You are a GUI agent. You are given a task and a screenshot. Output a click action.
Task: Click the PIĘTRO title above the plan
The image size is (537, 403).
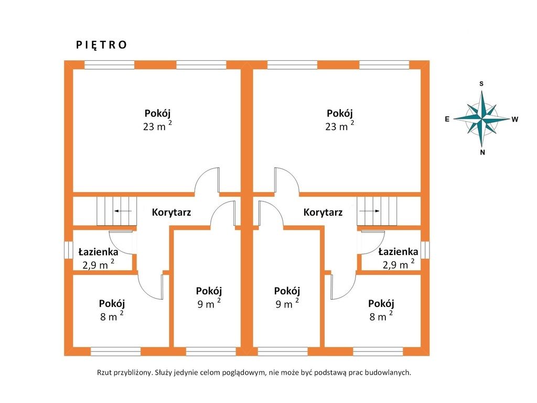click(x=101, y=45)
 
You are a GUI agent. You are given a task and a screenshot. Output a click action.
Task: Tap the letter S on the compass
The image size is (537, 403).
click(x=481, y=83)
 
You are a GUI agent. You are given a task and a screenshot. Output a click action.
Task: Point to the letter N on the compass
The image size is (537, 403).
click(x=482, y=153)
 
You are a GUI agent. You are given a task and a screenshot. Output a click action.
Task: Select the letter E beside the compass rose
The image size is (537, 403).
click(x=447, y=119)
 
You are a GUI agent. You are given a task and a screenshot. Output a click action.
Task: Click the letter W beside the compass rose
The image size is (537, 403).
click(x=515, y=119)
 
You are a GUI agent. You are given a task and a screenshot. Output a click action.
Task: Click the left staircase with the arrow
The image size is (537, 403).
click(x=116, y=211)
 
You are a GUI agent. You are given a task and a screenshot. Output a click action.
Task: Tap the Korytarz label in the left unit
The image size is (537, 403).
click(x=171, y=213)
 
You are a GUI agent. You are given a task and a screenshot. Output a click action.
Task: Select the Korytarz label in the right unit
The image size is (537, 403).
click(x=323, y=213)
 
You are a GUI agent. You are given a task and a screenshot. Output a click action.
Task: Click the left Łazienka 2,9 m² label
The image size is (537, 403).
click(x=98, y=258)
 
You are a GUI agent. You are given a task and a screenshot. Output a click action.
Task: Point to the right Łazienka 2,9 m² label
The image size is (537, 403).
click(x=398, y=258)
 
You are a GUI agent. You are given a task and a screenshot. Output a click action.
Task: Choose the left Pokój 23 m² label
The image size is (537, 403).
click(x=157, y=119)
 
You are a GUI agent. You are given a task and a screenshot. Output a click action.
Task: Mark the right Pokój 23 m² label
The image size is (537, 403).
click(x=339, y=119)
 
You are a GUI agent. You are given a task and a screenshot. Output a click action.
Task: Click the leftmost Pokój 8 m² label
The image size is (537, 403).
click(x=111, y=310)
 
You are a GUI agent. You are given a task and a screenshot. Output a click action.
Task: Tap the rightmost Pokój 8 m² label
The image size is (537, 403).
click(x=381, y=310)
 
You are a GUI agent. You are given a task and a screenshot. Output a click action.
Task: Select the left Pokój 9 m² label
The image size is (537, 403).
click(x=209, y=298)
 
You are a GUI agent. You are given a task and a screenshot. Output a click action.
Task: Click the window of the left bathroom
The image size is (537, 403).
click(x=68, y=250)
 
